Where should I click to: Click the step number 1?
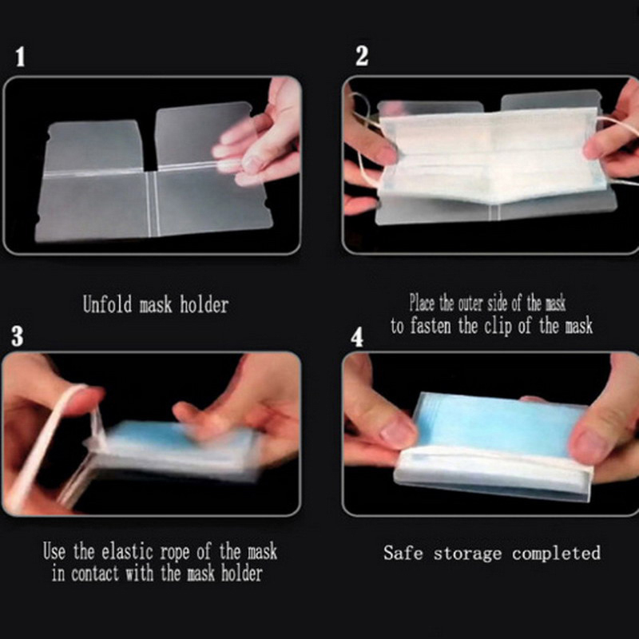click(20, 57)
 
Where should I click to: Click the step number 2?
click(362, 56)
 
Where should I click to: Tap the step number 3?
click(17, 336)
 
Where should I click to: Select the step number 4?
click(357, 337)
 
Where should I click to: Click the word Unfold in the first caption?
click(108, 304)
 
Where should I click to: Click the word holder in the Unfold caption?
click(204, 304)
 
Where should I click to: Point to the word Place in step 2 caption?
click(423, 304)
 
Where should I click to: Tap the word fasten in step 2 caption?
click(431, 326)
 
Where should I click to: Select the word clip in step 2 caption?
click(498, 327)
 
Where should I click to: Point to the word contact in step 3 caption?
click(95, 574)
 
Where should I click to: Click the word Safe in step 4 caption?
click(403, 553)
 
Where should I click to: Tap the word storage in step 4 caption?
click(467, 554)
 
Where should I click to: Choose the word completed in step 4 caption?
click(556, 554)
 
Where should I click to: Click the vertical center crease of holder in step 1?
click(153, 204)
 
